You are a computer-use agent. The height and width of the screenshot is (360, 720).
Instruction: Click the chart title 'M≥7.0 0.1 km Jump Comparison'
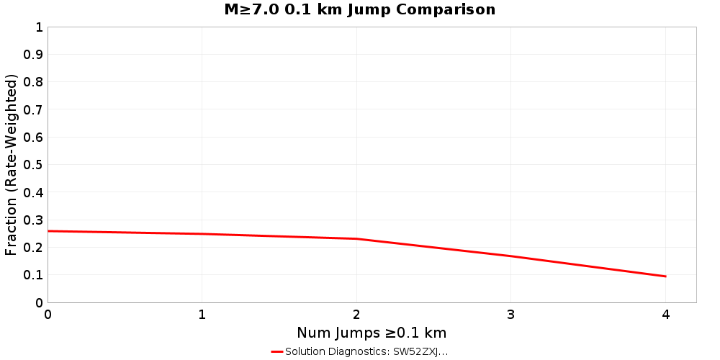360,10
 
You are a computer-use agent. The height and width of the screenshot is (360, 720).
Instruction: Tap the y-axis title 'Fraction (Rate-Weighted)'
11,165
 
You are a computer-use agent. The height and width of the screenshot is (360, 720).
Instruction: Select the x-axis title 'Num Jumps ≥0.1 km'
372,333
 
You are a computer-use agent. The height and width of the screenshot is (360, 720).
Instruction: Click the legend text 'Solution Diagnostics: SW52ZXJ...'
366,351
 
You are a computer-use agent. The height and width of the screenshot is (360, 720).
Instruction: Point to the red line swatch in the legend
277,351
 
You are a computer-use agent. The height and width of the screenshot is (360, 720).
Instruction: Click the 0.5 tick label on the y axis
33,165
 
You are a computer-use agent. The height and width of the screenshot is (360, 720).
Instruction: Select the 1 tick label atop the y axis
39,27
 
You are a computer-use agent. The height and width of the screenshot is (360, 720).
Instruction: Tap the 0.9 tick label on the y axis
33,55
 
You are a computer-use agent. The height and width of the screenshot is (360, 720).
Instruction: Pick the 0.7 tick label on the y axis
33,109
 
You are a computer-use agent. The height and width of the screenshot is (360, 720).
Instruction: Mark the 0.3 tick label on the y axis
33,220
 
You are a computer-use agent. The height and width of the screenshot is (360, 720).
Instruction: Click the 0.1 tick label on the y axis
33,275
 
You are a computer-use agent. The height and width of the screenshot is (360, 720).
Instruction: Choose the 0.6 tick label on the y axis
33,138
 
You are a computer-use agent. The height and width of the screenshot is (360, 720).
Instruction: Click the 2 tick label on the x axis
356,315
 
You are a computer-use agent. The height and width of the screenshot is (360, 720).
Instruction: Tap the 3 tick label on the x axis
510,315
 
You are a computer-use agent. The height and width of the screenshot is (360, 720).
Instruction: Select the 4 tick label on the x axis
665,315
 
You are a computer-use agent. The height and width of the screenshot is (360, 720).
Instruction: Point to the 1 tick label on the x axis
202,315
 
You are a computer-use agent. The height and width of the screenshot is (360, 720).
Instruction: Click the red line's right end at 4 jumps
665,276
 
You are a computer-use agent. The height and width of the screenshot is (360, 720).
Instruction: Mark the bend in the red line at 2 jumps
356,238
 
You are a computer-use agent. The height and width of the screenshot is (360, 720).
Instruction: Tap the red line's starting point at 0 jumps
48,231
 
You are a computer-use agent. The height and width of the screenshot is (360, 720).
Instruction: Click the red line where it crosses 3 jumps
510,256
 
